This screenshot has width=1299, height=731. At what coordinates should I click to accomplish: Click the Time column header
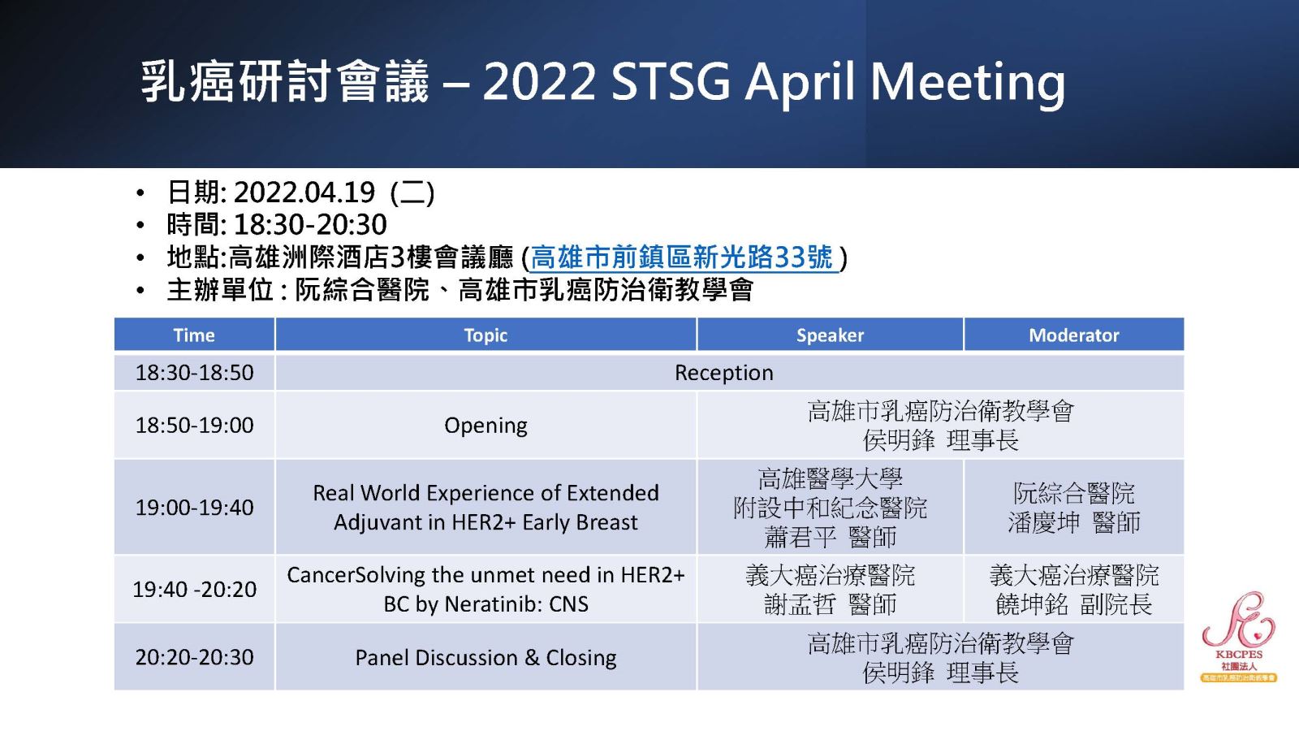[x=194, y=335]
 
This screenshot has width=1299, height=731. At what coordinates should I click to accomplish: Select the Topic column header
[x=486, y=335]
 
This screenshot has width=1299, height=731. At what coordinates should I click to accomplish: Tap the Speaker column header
[x=830, y=335]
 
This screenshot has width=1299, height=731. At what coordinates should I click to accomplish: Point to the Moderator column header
[x=1074, y=335]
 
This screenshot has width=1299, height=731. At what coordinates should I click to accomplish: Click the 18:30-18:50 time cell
[x=194, y=373]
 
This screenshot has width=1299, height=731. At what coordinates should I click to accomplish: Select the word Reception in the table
[x=723, y=373]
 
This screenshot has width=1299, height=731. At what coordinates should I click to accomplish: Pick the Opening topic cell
[x=486, y=426]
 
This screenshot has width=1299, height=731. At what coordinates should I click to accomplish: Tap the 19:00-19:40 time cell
[x=194, y=508]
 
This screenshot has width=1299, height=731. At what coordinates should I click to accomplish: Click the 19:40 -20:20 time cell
[x=194, y=590]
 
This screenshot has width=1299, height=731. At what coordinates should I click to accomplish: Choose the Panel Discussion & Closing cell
[x=486, y=657]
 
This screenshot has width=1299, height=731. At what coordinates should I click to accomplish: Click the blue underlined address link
[x=682, y=257]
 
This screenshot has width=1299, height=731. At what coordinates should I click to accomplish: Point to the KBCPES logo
[x=1239, y=637]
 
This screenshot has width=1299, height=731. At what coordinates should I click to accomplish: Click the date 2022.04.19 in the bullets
[x=304, y=192]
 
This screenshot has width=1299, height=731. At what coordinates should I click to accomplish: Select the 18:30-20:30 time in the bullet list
[x=310, y=224]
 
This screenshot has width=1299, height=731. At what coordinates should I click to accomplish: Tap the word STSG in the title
[x=671, y=81]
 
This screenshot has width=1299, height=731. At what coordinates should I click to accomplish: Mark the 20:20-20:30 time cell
[x=194, y=657]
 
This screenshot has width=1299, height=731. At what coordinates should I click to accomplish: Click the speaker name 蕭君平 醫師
[x=830, y=537]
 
